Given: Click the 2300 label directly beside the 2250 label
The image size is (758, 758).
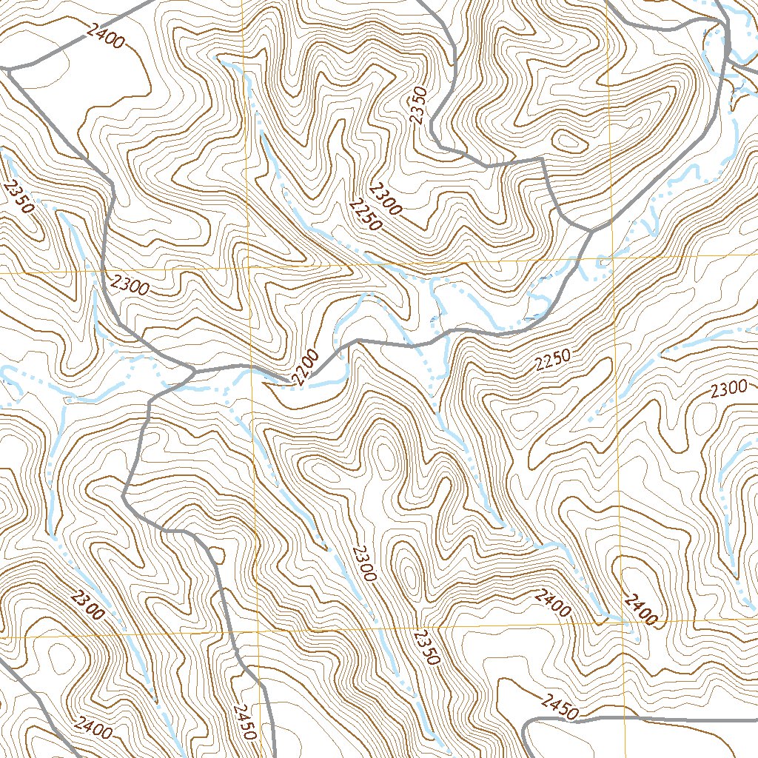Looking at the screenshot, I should (x=386, y=198).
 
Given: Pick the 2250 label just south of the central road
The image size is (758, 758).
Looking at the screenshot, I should (x=553, y=359).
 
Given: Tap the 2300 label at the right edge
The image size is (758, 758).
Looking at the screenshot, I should (x=728, y=389).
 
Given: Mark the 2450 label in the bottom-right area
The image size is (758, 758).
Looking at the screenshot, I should (x=559, y=707).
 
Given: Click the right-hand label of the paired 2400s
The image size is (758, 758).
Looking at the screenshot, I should (x=640, y=609).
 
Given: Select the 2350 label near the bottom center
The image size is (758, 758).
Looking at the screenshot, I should (x=427, y=647).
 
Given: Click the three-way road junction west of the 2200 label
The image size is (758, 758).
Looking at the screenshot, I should (x=194, y=370).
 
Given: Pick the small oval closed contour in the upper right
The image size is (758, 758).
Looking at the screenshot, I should (x=567, y=140).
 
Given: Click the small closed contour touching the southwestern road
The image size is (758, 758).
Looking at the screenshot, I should (x=215, y=555).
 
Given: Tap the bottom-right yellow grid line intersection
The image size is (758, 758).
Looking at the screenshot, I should (x=619, y=623).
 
